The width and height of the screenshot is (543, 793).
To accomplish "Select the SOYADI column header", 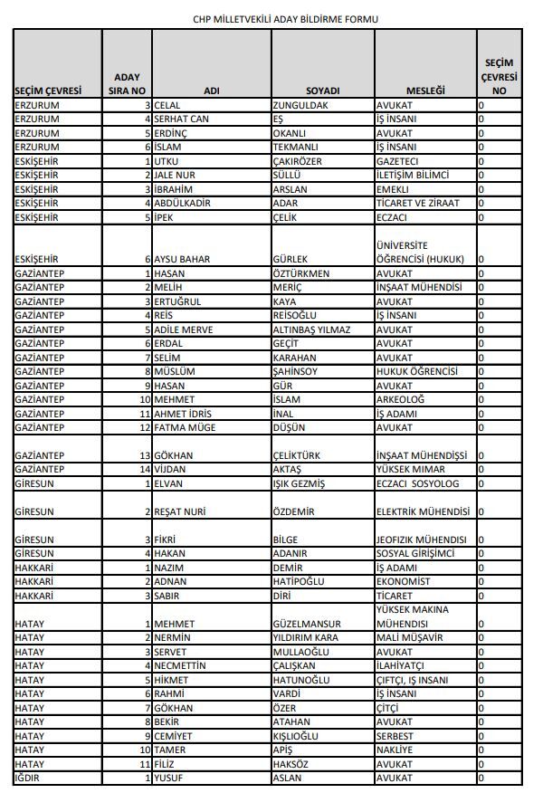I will pos(323,91).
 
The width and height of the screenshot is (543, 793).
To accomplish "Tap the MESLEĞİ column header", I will pos(425,91).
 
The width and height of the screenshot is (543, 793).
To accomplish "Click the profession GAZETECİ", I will pos(399,161).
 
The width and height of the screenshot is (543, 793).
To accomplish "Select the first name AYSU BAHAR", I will pos(183,259).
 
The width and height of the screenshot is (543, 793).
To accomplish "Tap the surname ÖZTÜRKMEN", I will pos(301,272).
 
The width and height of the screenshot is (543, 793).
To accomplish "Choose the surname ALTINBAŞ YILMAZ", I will pos(310,330).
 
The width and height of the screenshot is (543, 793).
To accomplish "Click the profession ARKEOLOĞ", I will pos(400,399).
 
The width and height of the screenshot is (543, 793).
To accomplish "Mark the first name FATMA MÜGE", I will pos(186,427).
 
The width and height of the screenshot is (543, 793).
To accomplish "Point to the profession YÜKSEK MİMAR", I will pos(412,470).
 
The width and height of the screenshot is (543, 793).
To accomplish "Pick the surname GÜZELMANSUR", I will pos(307,624).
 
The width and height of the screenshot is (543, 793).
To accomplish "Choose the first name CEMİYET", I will pos(176,736).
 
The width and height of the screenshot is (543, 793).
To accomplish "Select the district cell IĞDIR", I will pos(30,778).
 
